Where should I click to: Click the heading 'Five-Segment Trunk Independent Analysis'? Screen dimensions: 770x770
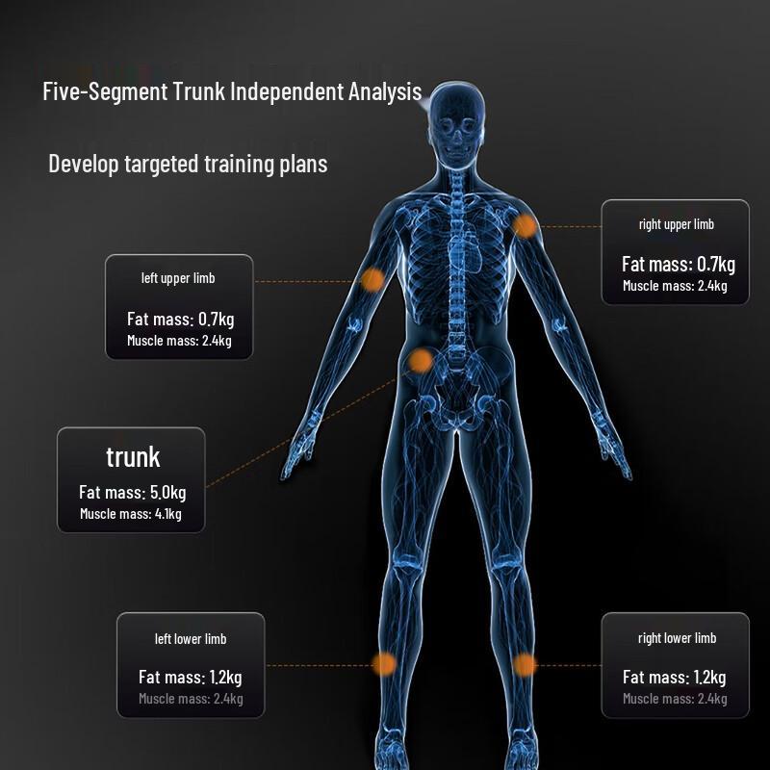pyautogui.click(x=232, y=91)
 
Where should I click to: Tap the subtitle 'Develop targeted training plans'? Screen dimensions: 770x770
pyautogui.click(x=188, y=164)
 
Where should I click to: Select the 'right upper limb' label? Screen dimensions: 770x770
pyautogui.click(x=677, y=224)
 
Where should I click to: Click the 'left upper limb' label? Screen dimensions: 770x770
pyautogui.click(x=178, y=278)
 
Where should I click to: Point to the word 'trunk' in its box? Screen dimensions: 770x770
pyautogui.click(x=133, y=457)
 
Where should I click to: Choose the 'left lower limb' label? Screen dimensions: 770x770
pyautogui.click(x=191, y=639)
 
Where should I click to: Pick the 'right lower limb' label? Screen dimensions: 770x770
pyautogui.click(x=678, y=638)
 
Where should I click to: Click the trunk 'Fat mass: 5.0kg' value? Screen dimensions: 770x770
pyautogui.click(x=133, y=492)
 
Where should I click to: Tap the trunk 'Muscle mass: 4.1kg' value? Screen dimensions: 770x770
pyautogui.click(x=131, y=514)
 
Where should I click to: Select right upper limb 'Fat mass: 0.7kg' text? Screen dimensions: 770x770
pyautogui.click(x=679, y=264)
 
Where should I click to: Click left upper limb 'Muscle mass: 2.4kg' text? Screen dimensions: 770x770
pyautogui.click(x=179, y=341)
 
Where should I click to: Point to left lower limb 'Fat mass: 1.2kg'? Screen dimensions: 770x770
pyautogui.click(x=190, y=678)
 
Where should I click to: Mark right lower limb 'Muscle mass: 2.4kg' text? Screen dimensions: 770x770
pyautogui.click(x=675, y=699)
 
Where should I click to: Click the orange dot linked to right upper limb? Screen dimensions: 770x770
pyautogui.click(x=525, y=226)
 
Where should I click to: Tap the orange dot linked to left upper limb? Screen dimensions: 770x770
pyautogui.click(x=372, y=280)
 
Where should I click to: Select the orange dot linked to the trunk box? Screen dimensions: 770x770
pyautogui.click(x=421, y=361)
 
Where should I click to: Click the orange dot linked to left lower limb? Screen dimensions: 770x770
pyautogui.click(x=384, y=665)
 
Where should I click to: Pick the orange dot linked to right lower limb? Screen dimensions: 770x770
pyautogui.click(x=525, y=665)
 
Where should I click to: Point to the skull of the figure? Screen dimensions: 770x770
pyautogui.click(x=456, y=125)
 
